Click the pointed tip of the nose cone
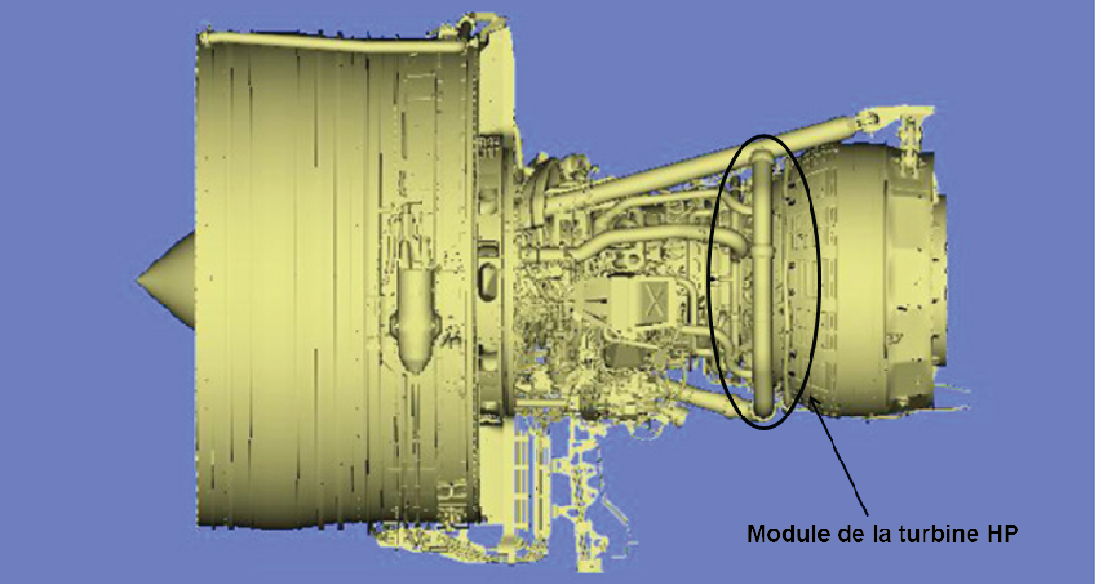point(138,280)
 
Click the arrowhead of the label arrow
point(815,403)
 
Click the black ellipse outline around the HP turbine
point(708,280)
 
